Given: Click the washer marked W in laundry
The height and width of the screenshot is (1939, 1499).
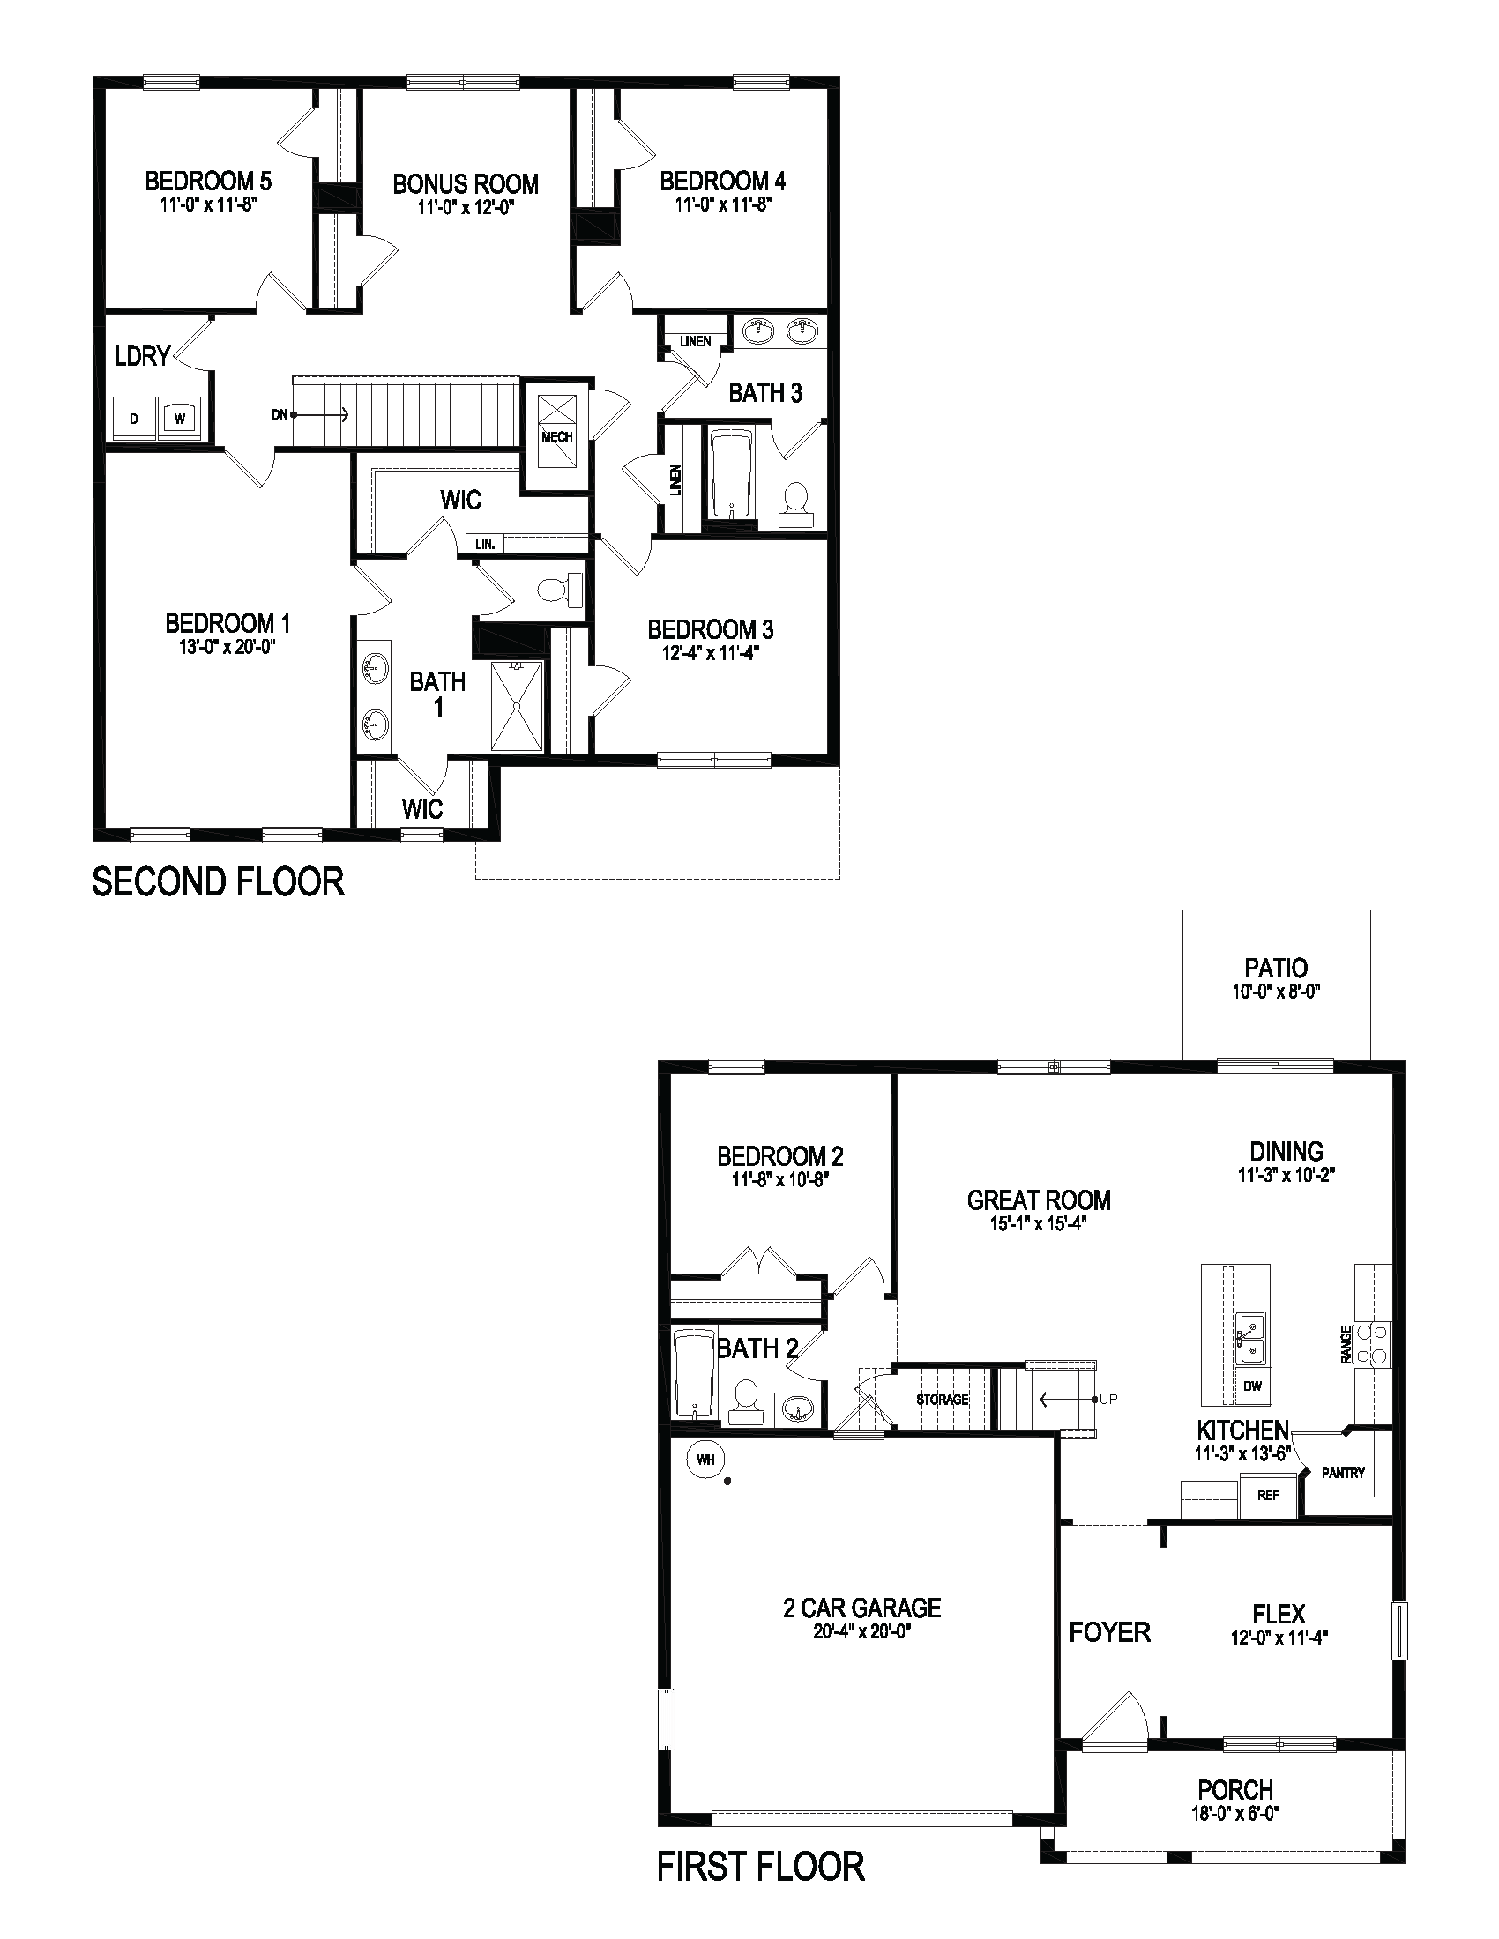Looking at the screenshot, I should tap(180, 418).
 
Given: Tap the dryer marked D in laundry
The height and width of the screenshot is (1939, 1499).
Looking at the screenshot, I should tap(134, 418).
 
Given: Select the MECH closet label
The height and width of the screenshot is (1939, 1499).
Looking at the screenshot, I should tap(556, 437).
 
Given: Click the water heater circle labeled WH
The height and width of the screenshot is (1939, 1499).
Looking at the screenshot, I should tap(706, 1459).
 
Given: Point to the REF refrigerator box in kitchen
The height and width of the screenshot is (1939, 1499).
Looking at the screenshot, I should tap(1268, 1495).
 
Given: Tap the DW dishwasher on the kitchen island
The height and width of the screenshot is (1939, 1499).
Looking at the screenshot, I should tap(1252, 1386).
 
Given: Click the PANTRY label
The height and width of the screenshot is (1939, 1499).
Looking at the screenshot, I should tap(1343, 1473).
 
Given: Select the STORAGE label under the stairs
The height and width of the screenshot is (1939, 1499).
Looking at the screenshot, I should tap(943, 1400).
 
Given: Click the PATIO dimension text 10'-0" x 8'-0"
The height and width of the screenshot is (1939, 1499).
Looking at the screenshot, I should tap(1276, 992).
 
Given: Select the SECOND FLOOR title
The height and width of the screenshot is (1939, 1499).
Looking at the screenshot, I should tap(219, 882).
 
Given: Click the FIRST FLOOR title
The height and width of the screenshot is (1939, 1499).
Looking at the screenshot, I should tap(760, 1867).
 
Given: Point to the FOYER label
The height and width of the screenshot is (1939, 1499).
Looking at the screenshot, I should tap(1109, 1631).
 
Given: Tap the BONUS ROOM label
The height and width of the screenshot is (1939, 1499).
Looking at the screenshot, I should tap(466, 185).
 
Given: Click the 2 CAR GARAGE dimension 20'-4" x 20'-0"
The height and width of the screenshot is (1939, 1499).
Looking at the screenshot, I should tap(862, 1631).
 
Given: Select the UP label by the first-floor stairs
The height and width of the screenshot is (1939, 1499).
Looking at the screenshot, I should tap(1108, 1400).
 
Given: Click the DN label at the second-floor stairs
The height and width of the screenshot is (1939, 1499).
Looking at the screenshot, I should tap(280, 414).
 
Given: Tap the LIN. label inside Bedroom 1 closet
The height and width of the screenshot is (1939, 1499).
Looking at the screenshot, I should tap(485, 543).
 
